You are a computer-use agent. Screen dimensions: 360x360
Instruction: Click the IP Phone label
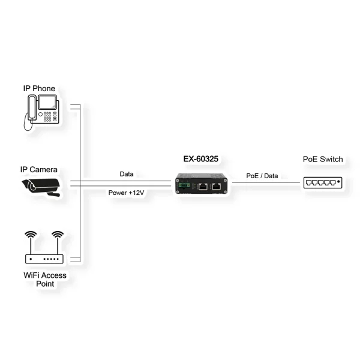(x=39, y=89)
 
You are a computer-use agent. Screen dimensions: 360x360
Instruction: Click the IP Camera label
(x=39, y=170)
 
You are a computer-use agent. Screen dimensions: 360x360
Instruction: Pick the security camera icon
(x=41, y=185)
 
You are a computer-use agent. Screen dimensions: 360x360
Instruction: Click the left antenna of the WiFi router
(x=29, y=238)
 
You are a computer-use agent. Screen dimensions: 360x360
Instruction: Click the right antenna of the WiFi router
(x=57, y=238)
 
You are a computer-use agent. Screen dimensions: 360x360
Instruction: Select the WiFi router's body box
(x=43, y=260)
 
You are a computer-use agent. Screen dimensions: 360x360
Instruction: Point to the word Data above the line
(x=126, y=174)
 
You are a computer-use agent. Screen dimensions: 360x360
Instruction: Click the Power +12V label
(x=126, y=193)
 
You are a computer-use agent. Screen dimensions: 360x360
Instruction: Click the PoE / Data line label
(x=262, y=176)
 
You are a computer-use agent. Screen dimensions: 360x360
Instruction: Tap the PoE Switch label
(x=323, y=159)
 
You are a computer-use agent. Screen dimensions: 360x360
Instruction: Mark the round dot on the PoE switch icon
(x=339, y=181)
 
